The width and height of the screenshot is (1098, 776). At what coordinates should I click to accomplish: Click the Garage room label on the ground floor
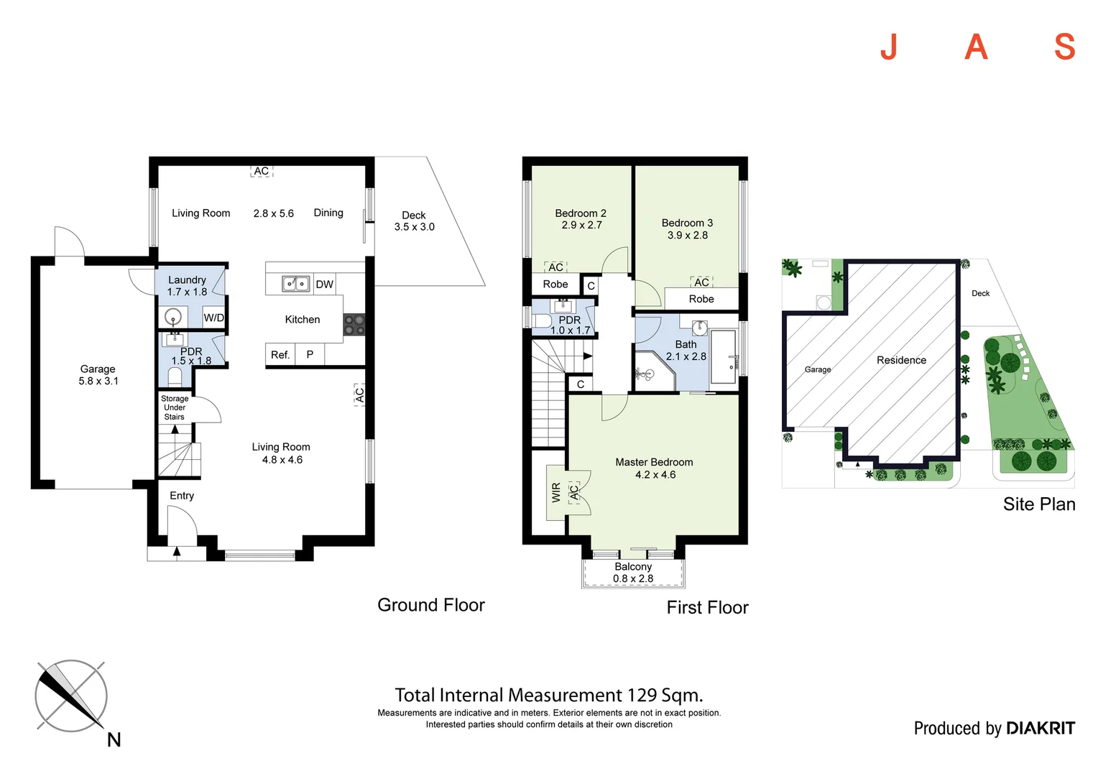point(98,369)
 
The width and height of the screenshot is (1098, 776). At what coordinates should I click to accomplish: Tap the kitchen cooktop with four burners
point(354,325)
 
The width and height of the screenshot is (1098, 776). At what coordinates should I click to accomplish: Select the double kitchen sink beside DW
point(295,284)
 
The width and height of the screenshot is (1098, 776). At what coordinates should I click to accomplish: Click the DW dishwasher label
point(325,285)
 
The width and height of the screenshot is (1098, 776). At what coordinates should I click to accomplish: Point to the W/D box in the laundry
point(213,318)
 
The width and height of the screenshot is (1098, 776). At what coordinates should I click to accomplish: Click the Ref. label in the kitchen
point(280,355)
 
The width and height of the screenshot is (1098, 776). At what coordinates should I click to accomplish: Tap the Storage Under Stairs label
point(175,407)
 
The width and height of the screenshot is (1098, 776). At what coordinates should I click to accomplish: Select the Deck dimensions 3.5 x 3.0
point(415,227)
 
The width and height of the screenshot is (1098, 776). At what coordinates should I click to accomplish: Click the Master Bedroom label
point(654,462)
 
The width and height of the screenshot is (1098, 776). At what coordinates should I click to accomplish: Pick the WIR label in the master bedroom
point(556,492)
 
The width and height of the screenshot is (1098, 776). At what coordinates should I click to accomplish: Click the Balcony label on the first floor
point(633,567)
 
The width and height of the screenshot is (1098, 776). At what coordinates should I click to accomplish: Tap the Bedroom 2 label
point(581,213)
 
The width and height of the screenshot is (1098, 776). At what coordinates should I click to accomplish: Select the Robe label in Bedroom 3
point(701,299)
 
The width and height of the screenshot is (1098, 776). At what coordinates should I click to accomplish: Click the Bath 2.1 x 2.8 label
point(686,351)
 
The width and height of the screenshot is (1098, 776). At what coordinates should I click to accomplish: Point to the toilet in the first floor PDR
point(540,320)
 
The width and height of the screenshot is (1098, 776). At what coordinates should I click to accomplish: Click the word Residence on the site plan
point(901,360)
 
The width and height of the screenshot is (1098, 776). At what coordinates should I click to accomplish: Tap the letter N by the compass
point(114,740)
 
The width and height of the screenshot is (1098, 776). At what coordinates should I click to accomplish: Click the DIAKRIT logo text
point(1041,729)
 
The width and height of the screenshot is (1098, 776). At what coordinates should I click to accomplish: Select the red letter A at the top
point(976,47)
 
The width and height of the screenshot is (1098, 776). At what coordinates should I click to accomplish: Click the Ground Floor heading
point(431,605)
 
